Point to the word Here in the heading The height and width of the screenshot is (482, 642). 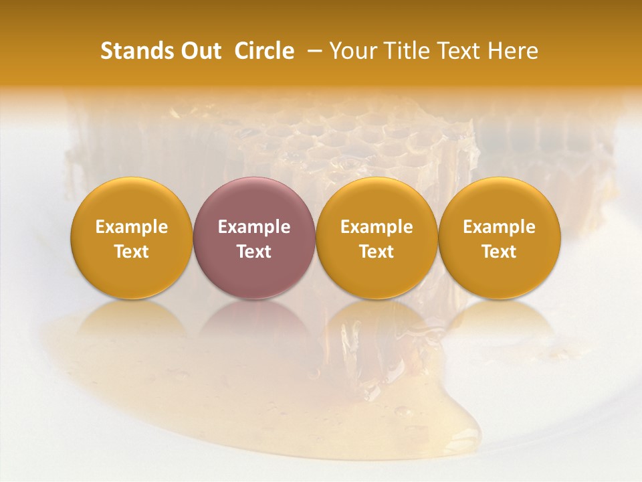[513, 51]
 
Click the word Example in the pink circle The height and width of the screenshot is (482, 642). [254, 227]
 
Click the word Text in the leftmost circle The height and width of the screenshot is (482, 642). [131, 252]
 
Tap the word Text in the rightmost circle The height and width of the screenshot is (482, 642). [500, 252]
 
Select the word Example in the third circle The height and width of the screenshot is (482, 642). [377, 227]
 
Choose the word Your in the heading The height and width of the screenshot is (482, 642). [351, 51]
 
